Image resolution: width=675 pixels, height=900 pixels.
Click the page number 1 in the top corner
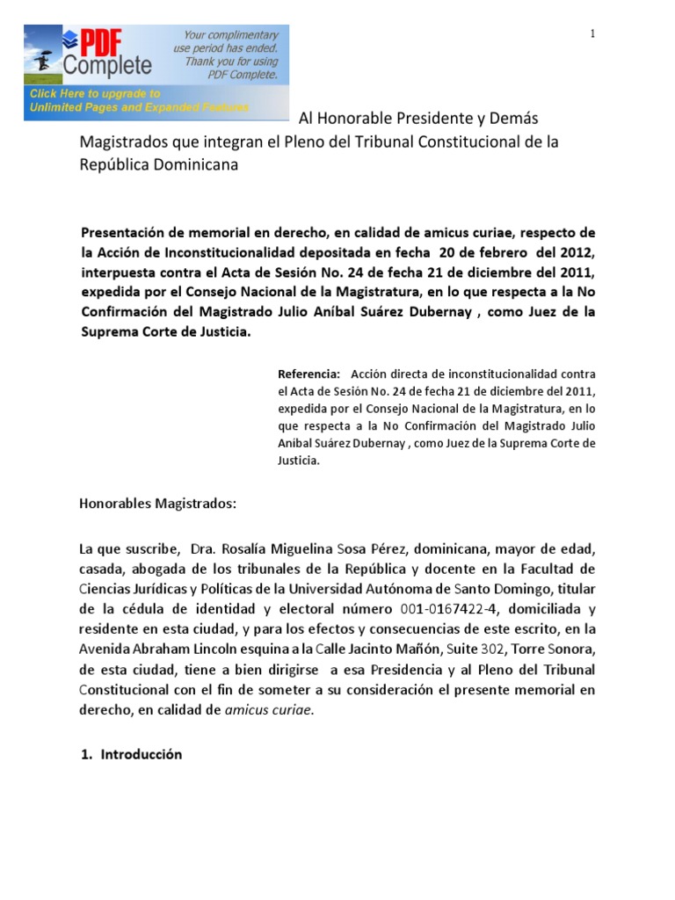click(x=593, y=33)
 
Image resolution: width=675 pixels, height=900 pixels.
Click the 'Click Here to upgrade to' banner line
click(x=95, y=93)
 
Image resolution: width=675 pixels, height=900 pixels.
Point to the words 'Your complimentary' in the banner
click(x=230, y=35)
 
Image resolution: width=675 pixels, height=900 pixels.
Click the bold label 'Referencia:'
click(x=308, y=373)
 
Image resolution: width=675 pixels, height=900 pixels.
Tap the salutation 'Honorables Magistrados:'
click(x=158, y=504)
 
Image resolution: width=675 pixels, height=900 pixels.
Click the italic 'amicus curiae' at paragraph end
click(x=272, y=710)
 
